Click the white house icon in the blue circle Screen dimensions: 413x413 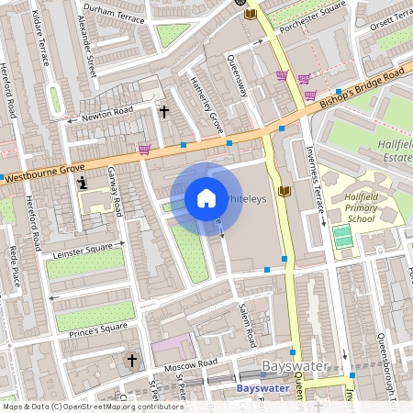[206, 198]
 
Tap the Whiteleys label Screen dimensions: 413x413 [246, 198]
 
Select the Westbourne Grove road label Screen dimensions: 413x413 [46, 170]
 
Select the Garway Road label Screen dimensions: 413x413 [114, 189]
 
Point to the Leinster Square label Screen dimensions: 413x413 [85, 247]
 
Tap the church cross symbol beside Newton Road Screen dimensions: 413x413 [164, 111]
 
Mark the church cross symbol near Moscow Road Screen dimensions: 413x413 [131, 360]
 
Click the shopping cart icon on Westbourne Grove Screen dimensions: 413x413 [143, 149]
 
